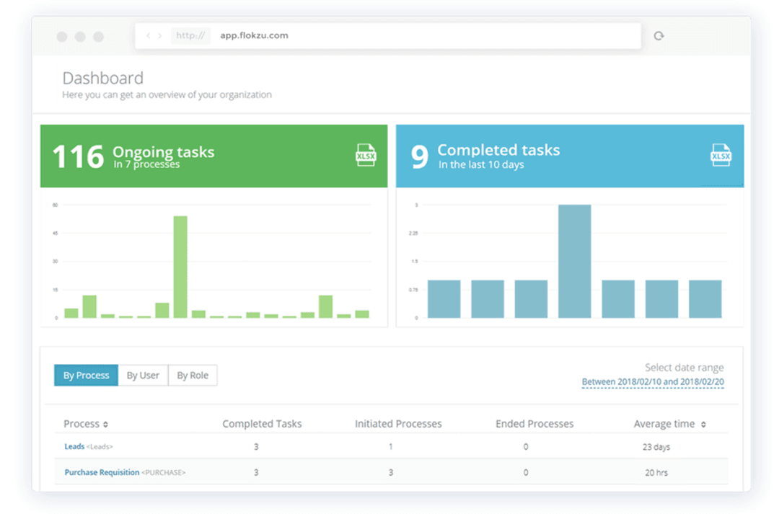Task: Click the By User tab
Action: [x=143, y=376]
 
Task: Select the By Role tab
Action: [x=193, y=376]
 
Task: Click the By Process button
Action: [x=86, y=376]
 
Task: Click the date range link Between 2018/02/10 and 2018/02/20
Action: [x=652, y=382]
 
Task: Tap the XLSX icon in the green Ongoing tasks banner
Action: [x=366, y=155]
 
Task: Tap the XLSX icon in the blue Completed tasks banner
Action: [x=721, y=155]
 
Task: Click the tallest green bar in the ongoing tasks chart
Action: [x=180, y=267]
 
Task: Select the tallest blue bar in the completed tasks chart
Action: [x=574, y=261]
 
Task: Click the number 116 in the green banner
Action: [x=78, y=156]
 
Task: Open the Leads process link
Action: [x=74, y=447]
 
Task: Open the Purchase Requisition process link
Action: [x=102, y=473]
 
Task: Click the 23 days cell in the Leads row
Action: [x=656, y=447]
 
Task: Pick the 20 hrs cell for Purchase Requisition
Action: [x=656, y=473]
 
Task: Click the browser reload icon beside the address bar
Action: [x=659, y=36]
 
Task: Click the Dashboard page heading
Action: [x=102, y=79]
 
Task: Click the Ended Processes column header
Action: [x=534, y=424]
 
